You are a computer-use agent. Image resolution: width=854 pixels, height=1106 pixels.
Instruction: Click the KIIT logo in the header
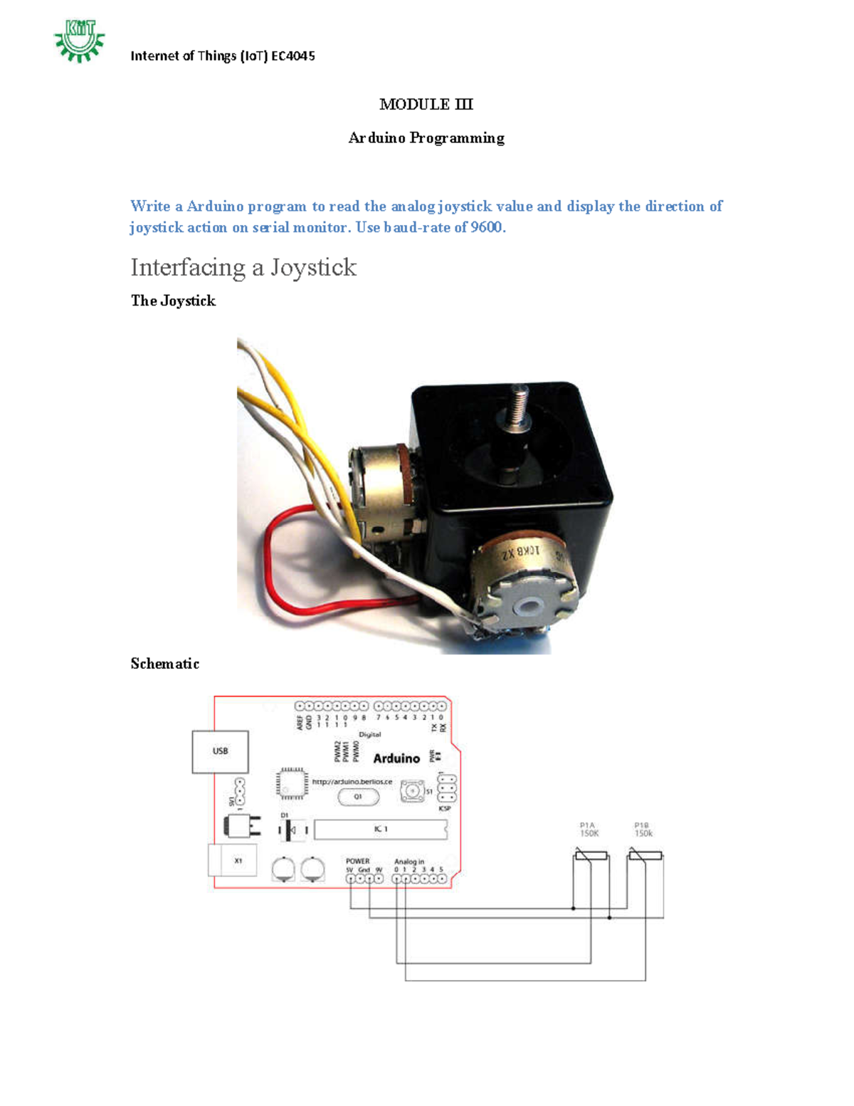point(79,41)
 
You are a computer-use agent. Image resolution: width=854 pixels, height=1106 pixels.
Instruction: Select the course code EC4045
point(293,56)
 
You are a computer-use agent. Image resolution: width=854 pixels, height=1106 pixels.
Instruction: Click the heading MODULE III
point(426,105)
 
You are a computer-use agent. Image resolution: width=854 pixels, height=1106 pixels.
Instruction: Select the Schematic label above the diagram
point(164,664)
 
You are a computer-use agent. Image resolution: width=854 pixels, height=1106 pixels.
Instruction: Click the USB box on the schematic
point(220,751)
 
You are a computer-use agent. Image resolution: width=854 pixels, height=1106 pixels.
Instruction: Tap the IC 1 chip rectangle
point(381,830)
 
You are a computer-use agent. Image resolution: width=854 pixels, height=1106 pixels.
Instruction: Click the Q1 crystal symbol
point(358,797)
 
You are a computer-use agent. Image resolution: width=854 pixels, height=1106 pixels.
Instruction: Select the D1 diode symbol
point(291,830)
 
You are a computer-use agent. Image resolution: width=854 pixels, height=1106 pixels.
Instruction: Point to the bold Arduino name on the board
point(396,758)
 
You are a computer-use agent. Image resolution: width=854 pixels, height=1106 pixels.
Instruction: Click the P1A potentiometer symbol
point(591,855)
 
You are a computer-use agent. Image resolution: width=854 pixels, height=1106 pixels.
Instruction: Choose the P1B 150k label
point(643,830)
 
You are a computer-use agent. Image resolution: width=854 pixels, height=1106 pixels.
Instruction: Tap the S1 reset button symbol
point(411,791)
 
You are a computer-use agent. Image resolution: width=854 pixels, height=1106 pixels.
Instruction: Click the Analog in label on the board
point(409,861)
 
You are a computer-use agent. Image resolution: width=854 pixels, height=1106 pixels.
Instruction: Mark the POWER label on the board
point(358,861)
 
